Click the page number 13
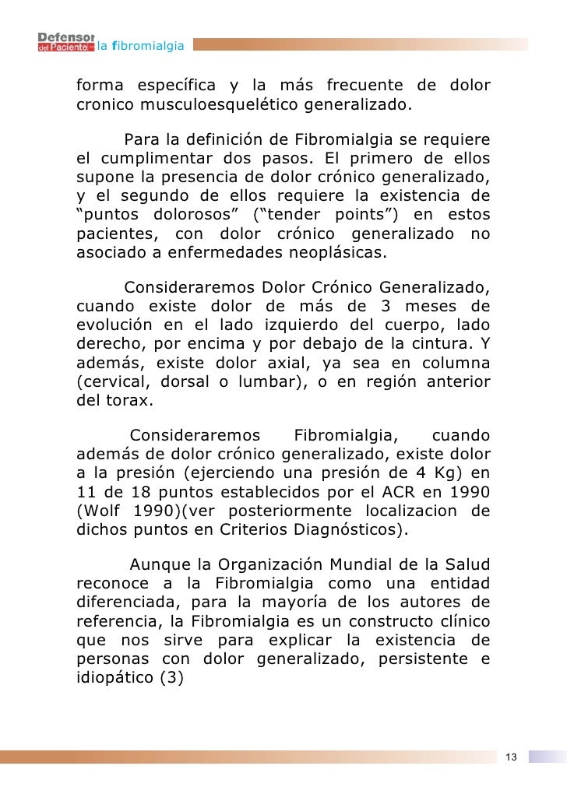tap(512, 757)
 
